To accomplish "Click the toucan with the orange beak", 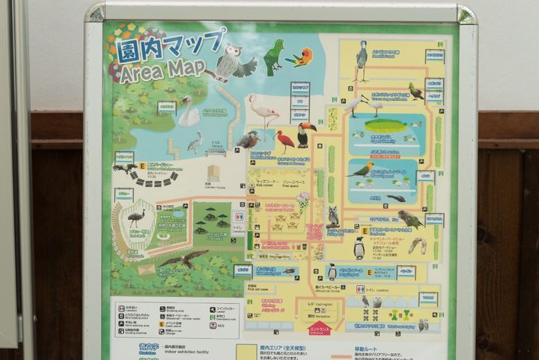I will [305, 134].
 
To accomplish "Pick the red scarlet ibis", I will [285, 140].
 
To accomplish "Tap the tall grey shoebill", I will [362, 59].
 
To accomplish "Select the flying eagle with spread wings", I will [184, 259].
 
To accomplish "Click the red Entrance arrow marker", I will [320, 330].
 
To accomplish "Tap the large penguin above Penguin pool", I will [359, 247].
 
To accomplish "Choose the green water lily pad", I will [386, 125].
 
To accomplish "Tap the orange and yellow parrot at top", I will [302, 57].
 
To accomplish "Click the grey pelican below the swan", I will [195, 141].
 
